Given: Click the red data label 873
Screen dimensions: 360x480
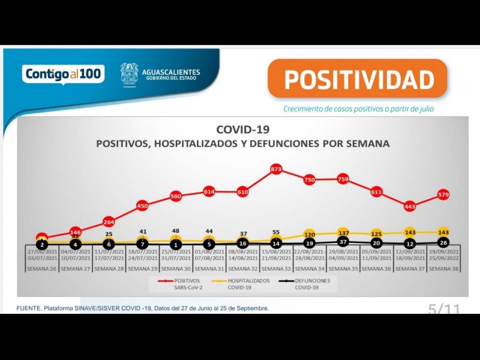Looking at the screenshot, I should (276, 170).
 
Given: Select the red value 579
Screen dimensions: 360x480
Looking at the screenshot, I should (443, 194).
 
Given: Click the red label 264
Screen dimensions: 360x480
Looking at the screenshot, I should (109, 223).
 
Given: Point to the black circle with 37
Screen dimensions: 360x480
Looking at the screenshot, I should (343, 242).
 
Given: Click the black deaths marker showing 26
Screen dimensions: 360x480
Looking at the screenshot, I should (443, 243).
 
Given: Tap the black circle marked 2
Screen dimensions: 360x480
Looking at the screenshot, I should (42, 245).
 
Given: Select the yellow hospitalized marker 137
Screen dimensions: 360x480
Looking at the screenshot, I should (343, 232).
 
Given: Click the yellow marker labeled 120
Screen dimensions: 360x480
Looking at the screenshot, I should (310, 235).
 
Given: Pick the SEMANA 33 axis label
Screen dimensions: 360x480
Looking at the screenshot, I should (276, 269).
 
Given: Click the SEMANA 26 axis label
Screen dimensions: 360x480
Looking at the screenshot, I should (42, 269).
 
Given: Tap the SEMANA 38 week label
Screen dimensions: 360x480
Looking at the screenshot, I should (443, 269).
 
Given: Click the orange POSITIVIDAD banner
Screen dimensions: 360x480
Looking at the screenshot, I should (358, 79).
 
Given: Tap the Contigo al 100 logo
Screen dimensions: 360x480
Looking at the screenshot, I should (64, 74).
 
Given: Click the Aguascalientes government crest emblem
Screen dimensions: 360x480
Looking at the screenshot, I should (129, 75).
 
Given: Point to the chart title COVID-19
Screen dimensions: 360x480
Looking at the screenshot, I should (243, 130).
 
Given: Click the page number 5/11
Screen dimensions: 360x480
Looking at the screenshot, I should (444, 310).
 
